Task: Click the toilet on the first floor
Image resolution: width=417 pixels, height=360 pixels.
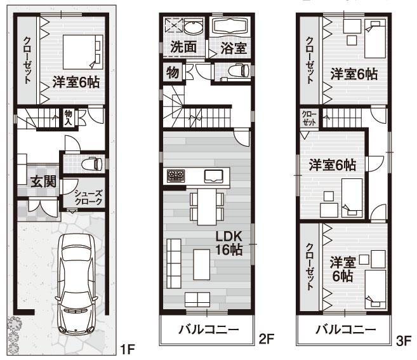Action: click(93, 164)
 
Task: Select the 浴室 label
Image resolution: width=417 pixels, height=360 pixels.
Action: click(233, 48)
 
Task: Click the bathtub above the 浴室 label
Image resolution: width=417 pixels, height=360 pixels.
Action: click(231, 27)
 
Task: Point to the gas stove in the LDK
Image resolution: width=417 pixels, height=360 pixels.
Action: click(175, 175)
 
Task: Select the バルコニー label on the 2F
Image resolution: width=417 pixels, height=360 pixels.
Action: click(208, 330)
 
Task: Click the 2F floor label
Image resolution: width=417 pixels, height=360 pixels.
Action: click(266, 340)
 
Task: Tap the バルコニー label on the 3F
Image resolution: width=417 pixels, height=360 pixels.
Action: click(345, 330)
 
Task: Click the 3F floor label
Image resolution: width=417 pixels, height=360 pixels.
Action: click(404, 340)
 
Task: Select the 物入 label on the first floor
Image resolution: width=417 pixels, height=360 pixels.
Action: click(68, 117)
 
